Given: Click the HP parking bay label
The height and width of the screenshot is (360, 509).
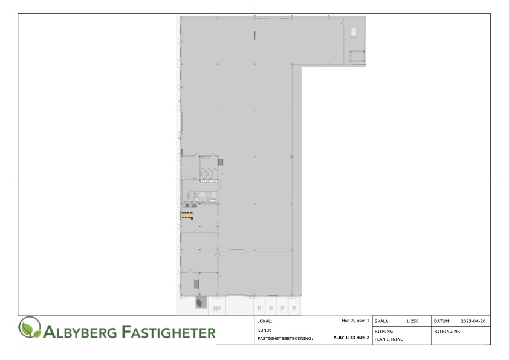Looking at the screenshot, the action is click(217, 309).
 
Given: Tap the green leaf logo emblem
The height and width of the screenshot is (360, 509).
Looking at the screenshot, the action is click(30, 327).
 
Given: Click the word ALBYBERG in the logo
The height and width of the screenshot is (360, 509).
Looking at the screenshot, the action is click(80, 332).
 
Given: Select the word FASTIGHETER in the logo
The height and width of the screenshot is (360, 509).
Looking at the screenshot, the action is click(169, 332).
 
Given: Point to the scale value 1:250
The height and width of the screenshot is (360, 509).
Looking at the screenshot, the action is click(412, 321).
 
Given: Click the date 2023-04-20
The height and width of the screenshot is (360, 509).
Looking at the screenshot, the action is click(473, 321).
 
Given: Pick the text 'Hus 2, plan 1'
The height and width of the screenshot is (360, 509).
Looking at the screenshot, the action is click(355, 321).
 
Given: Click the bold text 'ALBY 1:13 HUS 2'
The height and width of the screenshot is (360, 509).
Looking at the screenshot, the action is click(351, 338).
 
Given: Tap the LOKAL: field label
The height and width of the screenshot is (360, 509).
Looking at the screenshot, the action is click(265, 321).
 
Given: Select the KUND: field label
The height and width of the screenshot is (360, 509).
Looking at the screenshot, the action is click(264, 330).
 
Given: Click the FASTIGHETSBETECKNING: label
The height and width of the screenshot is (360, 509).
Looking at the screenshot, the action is click(285, 338).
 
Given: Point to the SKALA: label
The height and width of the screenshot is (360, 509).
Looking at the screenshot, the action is click(382, 321).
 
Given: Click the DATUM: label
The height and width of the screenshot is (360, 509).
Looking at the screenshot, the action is click(442, 321).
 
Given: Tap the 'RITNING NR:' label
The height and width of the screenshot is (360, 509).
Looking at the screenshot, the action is click(448, 331).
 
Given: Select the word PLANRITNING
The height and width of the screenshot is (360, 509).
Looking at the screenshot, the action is click(389, 339).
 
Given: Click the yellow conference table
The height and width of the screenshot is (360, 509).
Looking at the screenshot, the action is click(187, 215).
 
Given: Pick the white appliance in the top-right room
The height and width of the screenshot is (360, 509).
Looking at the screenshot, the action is click(354, 32).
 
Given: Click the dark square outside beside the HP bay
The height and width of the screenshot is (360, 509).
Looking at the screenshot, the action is click(201, 303).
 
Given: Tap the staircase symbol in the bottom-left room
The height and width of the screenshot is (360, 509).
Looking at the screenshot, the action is click(196, 284).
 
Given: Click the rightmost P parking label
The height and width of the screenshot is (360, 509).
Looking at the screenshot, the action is click(294, 309).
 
